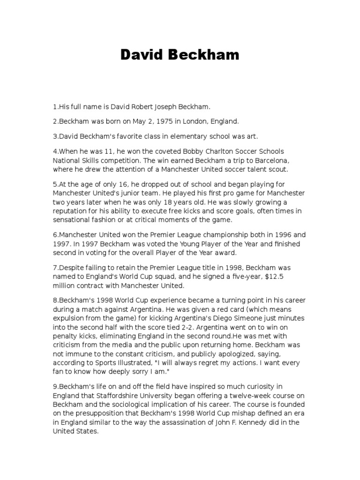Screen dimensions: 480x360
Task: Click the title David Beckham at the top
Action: pyautogui.click(x=180, y=55)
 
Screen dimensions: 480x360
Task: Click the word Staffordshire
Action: pyautogui.click(x=111, y=395)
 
